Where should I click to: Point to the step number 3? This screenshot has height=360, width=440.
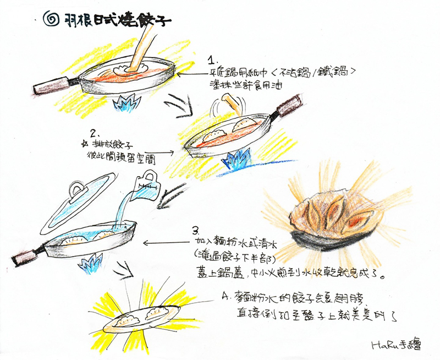195,230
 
